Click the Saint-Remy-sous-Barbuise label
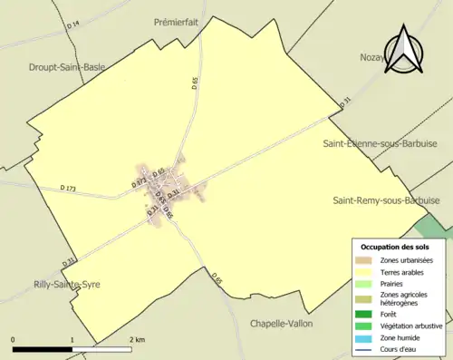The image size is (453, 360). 386,199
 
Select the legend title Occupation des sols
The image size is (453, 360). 395,247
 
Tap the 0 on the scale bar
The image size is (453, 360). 14,339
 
